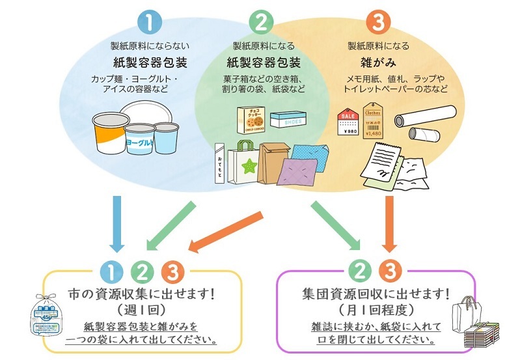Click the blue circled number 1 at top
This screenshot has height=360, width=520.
tap(150, 23)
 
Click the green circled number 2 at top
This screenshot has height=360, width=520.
tap(261, 23)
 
